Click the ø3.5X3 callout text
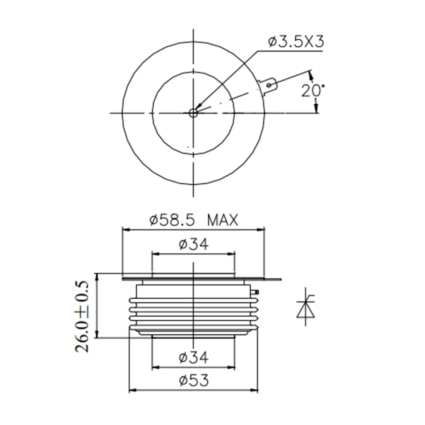[296, 42]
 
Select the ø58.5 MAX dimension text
[194, 220]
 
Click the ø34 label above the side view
[194, 244]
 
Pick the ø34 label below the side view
[194, 358]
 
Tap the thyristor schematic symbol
[306, 307]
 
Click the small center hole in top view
[193, 113]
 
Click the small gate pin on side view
[256, 292]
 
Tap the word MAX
[223, 220]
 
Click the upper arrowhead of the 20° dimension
[312, 75]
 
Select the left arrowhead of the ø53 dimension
[132, 390]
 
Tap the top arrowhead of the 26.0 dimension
[97, 277]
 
